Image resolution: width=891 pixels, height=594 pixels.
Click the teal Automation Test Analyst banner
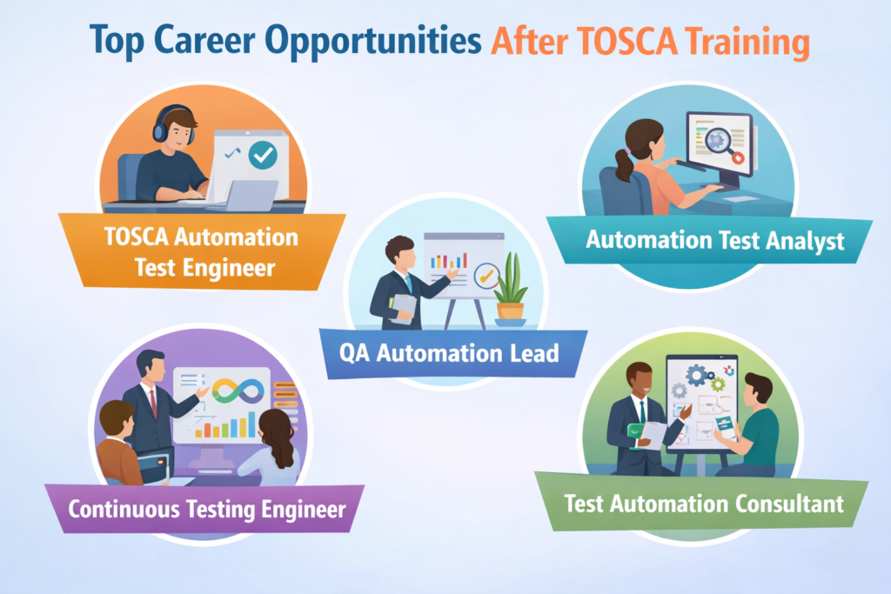click(714, 240)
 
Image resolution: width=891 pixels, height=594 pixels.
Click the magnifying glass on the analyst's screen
click(718, 140)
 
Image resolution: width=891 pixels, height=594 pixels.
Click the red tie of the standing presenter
click(154, 402)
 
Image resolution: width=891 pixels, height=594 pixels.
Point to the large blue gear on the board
click(695, 375)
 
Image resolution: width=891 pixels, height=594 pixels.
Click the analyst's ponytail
click(624, 163)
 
